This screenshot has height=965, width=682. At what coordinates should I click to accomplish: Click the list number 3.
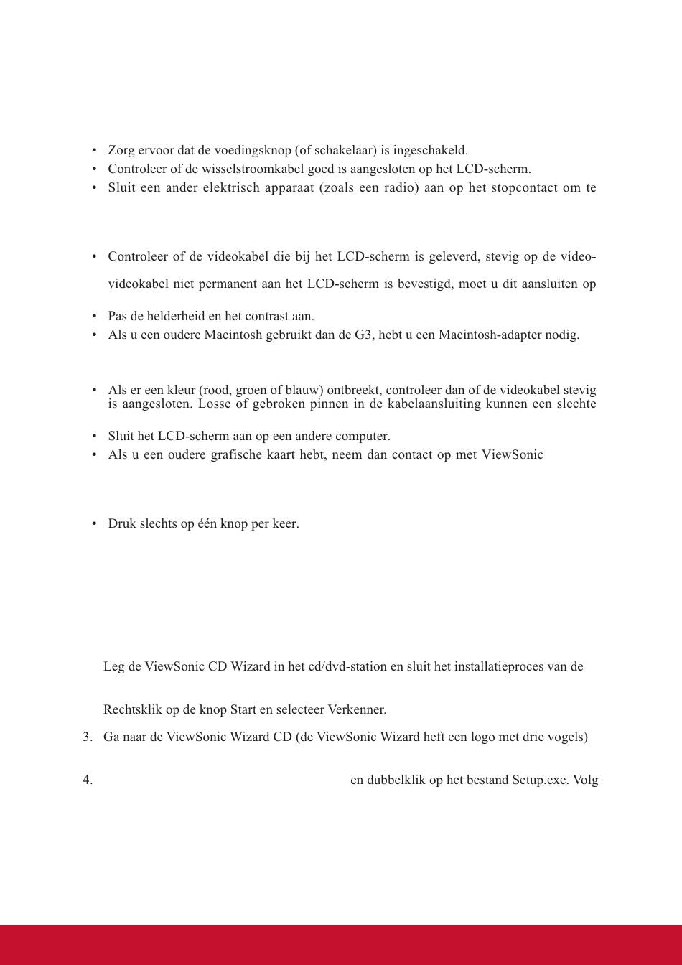[88, 737]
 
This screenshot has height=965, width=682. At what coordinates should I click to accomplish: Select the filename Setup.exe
[539, 780]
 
